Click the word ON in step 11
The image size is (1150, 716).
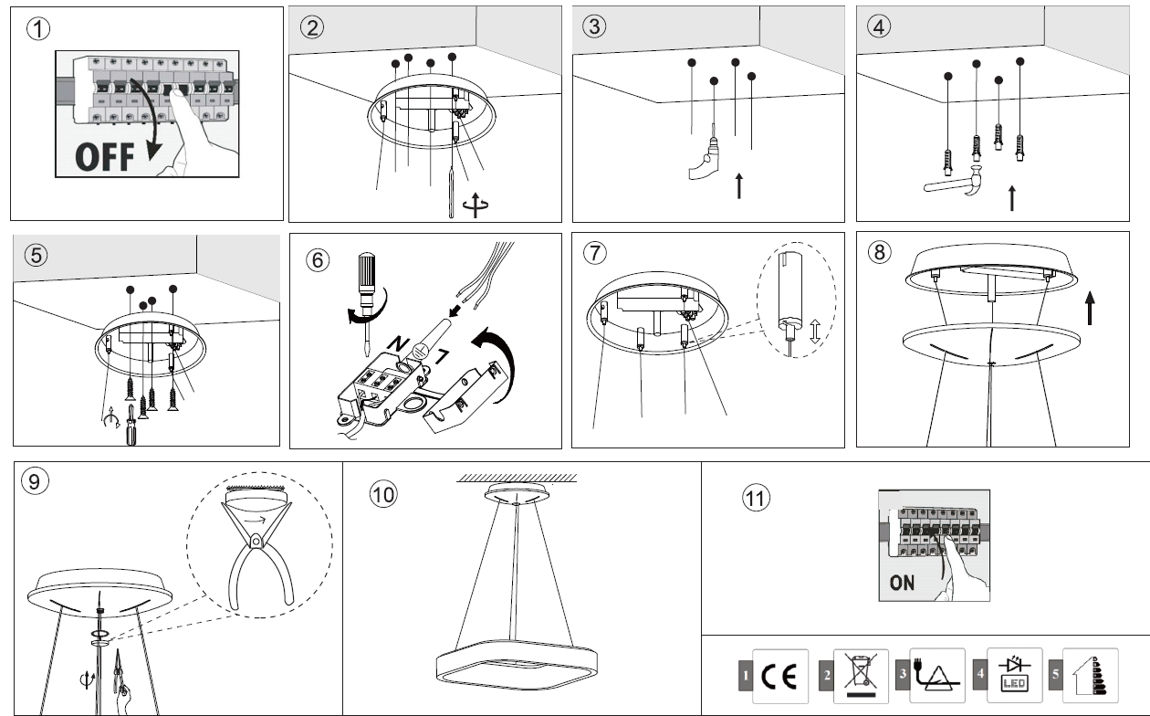click(902, 583)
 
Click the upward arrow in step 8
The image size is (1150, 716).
click(1091, 308)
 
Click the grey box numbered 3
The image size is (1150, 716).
click(902, 676)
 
